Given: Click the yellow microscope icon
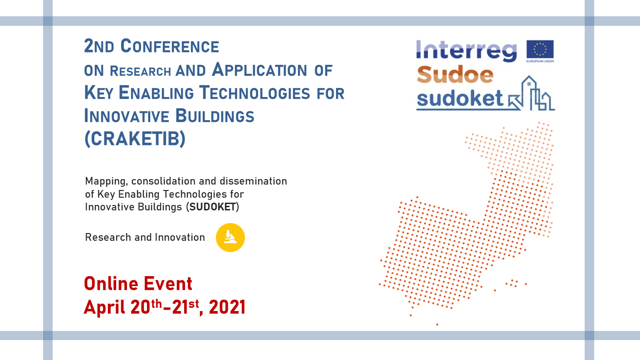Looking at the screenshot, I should (230, 238).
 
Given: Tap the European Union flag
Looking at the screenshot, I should (540, 49).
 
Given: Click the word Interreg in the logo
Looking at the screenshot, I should (466, 51).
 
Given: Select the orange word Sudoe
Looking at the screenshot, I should (454, 74).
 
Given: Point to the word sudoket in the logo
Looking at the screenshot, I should (460, 98).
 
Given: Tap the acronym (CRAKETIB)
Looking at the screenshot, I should (135, 139).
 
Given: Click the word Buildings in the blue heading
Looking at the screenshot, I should (215, 116).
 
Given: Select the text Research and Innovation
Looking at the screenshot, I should (145, 237).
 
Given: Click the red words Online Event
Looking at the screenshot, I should (138, 284).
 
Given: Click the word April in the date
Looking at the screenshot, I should (105, 308).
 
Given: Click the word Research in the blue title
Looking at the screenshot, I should (141, 71).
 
